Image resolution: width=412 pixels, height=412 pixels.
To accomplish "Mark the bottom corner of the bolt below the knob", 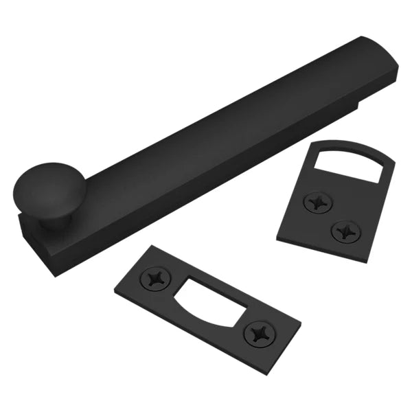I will point(54,273).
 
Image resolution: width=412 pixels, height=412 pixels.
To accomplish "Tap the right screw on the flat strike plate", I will point(261,334).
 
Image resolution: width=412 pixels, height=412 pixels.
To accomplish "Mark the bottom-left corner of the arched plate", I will point(277,236).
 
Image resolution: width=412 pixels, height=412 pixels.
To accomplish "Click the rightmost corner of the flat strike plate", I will point(301,319).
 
